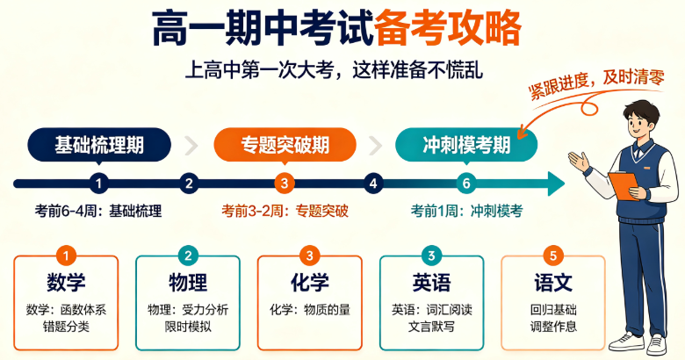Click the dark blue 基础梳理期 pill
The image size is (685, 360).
[99, 145]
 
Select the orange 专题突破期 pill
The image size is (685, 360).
[285, 145]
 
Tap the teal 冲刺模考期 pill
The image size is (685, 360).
[466, 145]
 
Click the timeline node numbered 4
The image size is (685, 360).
[373, 184]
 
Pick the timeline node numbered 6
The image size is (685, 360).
[466, 184]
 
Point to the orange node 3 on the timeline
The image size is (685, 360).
[285, 184]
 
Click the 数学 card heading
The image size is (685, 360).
[66, 282]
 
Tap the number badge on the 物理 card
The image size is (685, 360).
[188, 256]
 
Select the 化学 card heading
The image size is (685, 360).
[310, 282]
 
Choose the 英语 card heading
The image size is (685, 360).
[431, 282]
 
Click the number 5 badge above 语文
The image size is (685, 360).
[553, 256]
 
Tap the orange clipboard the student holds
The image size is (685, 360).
[624, 185]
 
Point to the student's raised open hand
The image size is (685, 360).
[579, 162]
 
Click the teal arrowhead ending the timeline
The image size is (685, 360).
[556, 184]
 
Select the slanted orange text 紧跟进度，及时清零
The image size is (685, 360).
[597, 84]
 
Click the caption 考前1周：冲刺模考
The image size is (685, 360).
[466, 211]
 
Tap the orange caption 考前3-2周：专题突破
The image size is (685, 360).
[285, 211]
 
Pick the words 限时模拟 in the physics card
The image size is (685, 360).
[188, 327]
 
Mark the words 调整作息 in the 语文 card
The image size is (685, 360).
[553, 327]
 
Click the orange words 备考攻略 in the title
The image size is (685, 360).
[448, 28]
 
